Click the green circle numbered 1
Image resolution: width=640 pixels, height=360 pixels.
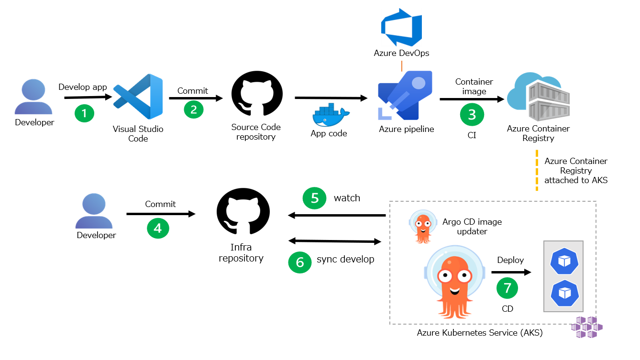(84, 113)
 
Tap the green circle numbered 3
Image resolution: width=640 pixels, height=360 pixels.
(472, 114)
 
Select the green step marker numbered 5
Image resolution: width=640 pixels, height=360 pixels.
(315, 198)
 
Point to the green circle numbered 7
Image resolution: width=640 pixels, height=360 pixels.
(508, 288)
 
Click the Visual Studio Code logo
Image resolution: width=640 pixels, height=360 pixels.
(138, 97)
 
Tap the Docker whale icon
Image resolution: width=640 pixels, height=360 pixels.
(331, 115)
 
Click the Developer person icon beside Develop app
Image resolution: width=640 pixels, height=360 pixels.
(33, 97)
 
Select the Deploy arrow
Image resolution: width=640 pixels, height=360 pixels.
(511, 273)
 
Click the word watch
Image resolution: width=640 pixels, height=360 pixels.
(347, 198)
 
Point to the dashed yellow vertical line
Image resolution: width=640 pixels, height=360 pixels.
(536, 171)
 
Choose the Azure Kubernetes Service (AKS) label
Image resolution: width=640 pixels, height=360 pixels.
(480, 333)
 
